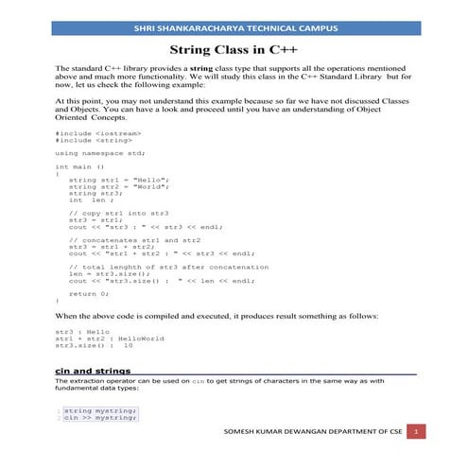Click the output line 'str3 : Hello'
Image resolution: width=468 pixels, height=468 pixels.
tap(83, 332)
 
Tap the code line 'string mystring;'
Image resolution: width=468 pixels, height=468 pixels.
tap(100, 411)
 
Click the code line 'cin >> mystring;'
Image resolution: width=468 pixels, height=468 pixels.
tap(100, 419)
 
